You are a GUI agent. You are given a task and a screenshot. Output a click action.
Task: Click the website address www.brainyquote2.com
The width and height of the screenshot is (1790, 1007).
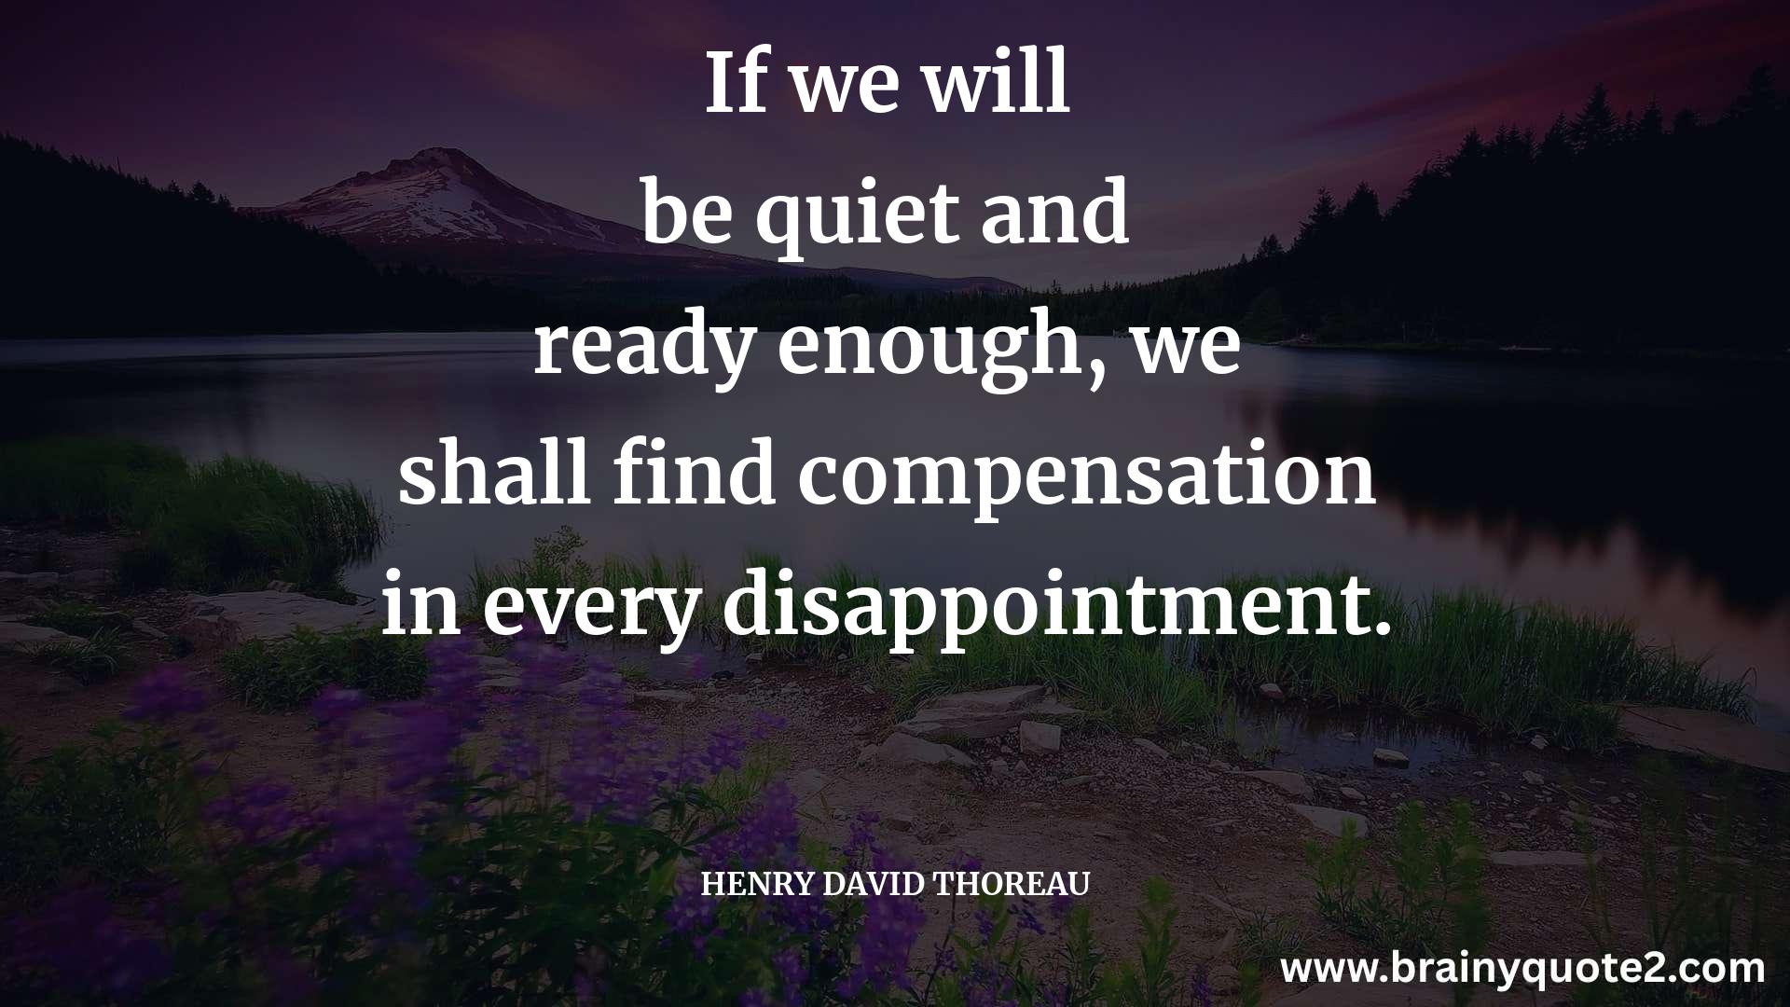click(1522, 969)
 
